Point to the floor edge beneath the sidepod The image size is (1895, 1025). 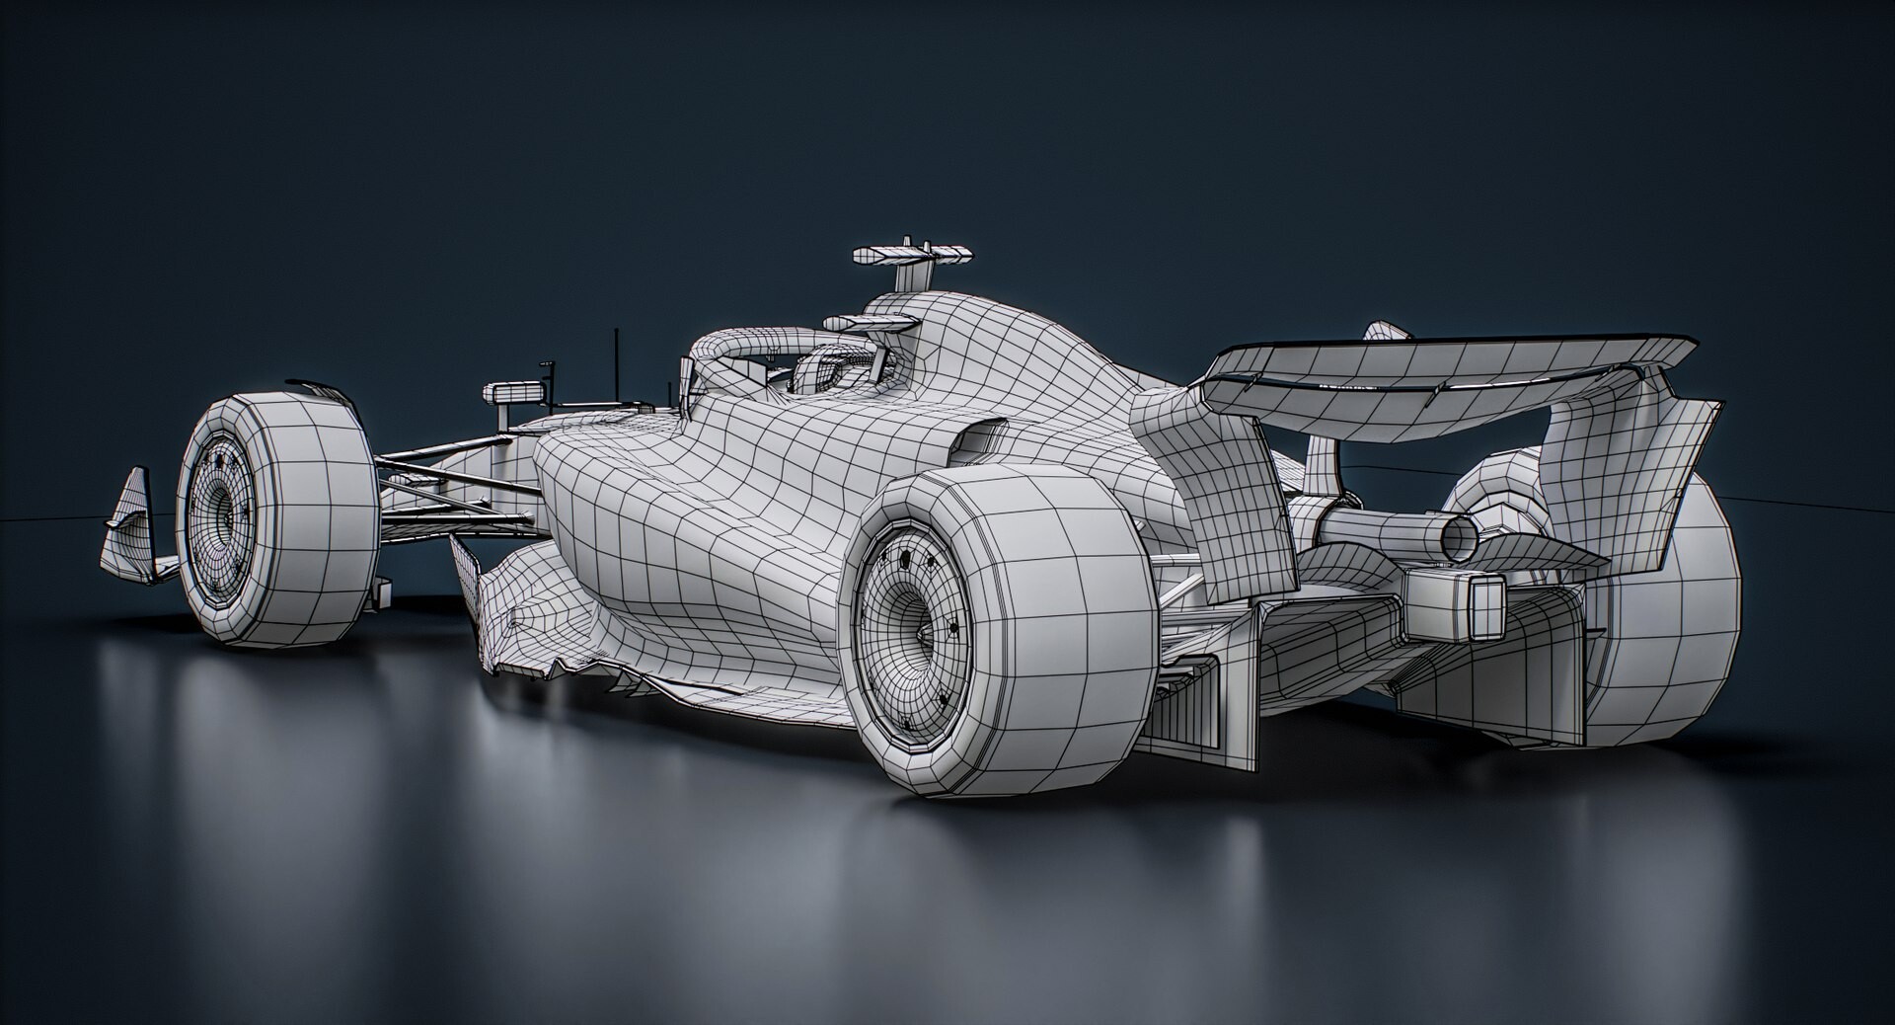coord(691,691)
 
